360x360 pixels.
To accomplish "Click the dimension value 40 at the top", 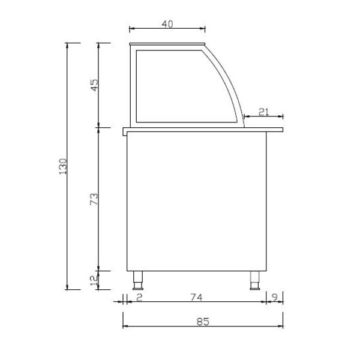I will pos(167,24).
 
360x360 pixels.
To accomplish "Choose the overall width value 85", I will pos(202,322).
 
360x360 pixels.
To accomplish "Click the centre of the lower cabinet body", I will pos(197,201).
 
